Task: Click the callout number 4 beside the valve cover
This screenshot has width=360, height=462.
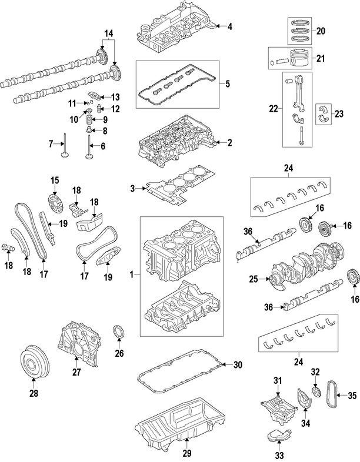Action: (x=230, y=26)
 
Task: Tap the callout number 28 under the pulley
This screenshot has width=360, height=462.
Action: (x=34, y=393)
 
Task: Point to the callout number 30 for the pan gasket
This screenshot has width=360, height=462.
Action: (x=237, y=365)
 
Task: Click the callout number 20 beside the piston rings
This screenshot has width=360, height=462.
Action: (x=320, y=31)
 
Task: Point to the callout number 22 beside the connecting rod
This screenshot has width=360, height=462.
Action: (x=272, y=108)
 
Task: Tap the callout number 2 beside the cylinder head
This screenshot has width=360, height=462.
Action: (x=230, y=142)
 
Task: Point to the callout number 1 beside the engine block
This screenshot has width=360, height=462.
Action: (x=132, y=274)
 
